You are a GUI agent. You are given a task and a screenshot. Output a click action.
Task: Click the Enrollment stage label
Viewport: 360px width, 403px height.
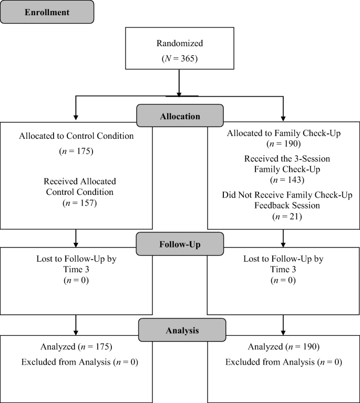[x=47, y=12]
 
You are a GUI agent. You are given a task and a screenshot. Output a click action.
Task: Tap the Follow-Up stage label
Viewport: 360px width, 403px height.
[x=180, y=245]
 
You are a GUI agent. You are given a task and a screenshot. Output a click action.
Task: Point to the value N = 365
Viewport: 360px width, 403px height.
[x=180, y=59]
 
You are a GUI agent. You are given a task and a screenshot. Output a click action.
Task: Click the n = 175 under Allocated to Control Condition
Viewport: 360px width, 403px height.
[x=76, y=152]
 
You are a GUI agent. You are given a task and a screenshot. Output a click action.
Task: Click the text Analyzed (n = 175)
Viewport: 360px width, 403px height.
[x=76, y=347]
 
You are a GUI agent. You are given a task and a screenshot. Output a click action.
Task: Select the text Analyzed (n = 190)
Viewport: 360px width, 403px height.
[x=284, y=347]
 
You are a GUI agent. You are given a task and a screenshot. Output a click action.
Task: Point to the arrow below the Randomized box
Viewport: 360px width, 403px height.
[x=180, y=84]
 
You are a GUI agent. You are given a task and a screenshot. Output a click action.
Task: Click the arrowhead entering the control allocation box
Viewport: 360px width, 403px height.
[x=76, y=118]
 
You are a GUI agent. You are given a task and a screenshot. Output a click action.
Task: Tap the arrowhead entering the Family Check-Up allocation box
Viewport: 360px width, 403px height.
[x=284, y=118]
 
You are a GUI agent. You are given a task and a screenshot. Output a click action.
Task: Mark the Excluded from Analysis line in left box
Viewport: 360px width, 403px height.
[x=76, y=362]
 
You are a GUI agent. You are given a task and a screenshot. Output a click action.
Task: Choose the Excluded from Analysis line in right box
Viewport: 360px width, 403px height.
[x=284, y=362]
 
